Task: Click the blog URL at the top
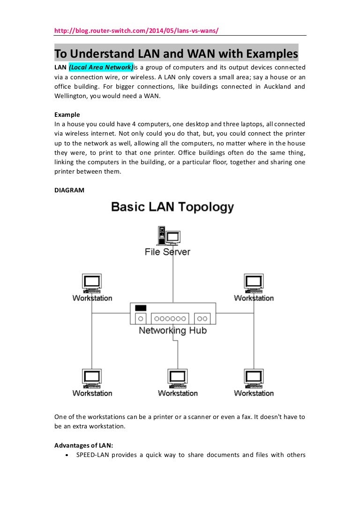136,30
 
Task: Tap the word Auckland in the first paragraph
274,86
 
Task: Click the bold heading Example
67,114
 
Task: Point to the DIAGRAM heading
69,190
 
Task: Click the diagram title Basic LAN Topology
172,207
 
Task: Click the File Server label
167,252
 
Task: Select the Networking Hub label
172,331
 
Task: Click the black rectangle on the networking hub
141,308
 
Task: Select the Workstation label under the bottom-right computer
254,393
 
